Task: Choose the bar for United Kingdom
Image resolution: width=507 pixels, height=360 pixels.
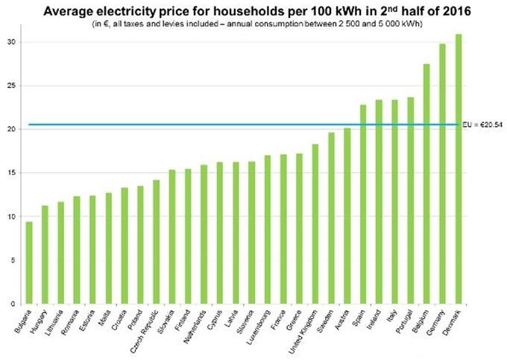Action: click(x=315, y=224)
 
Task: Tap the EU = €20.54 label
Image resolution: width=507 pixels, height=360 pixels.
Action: click(x=482, y=124)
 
